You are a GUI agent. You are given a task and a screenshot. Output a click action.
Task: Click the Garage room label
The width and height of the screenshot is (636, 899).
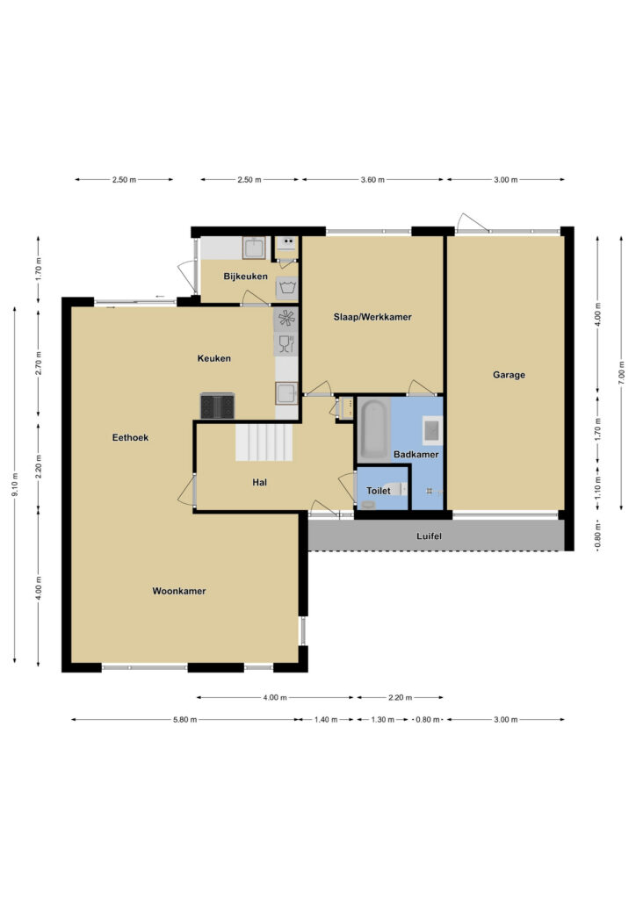(x=509, y=375)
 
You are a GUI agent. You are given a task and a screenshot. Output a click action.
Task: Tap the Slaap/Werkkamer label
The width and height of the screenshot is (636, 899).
(x=372, y=316)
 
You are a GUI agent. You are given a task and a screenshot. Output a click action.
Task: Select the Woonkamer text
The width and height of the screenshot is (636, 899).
(x=179, y=591)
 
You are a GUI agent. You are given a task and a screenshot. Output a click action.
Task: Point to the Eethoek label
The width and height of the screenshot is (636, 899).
(x=130, y=437)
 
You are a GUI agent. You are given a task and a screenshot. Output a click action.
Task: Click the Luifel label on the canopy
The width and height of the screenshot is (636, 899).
(x=429, y=536)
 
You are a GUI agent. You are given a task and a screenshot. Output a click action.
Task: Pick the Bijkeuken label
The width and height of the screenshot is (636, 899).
(x=245, y=277)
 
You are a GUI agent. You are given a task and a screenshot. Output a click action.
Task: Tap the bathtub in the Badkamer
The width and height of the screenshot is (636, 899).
(x=373, y=430)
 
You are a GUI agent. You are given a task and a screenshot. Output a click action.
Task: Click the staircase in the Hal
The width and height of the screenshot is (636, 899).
(x=264, y=442)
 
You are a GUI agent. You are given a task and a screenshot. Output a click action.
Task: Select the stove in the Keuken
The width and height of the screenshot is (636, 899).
(x=217, y=406)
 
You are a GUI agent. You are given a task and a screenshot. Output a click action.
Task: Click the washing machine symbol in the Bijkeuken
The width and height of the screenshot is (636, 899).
(x=286, y=288)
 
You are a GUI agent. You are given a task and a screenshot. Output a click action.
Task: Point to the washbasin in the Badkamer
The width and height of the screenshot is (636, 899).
(x=432, y=430)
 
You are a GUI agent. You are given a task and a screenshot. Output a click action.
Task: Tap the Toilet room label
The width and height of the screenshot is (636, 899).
(x=379, y=491)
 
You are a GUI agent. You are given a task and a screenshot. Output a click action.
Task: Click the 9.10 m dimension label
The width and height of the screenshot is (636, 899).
(x=14, y=485)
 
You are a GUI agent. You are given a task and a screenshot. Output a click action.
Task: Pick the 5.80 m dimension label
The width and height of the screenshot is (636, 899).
(x=184, y=720)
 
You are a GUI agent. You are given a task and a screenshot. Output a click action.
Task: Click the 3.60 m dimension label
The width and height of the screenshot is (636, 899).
(x=372, y=179)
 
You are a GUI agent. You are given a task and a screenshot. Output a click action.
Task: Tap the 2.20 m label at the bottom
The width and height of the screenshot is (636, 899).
(x=400, y=698)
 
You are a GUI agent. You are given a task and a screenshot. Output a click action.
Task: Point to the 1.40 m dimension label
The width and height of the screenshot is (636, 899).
(x=326, y=720)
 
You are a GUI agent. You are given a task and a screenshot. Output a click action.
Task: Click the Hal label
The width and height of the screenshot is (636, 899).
(x=260, y=483)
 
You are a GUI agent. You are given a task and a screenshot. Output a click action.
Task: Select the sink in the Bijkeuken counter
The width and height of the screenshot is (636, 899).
(x=254, y=248)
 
